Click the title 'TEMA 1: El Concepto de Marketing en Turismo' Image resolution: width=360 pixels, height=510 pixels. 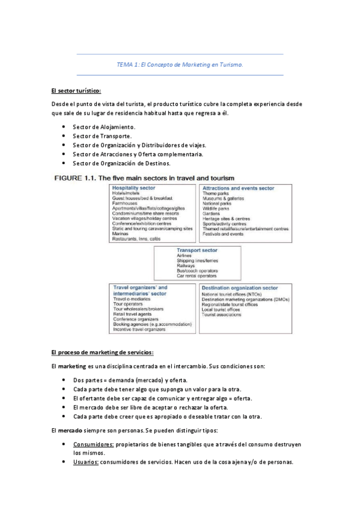(180, 64)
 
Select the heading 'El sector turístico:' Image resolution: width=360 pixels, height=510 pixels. (76, 91)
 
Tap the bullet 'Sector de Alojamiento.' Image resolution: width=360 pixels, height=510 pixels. (104, 127)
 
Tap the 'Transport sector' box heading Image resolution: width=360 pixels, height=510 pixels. (197, 250)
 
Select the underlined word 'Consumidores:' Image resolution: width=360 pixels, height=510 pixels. (94, 443)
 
